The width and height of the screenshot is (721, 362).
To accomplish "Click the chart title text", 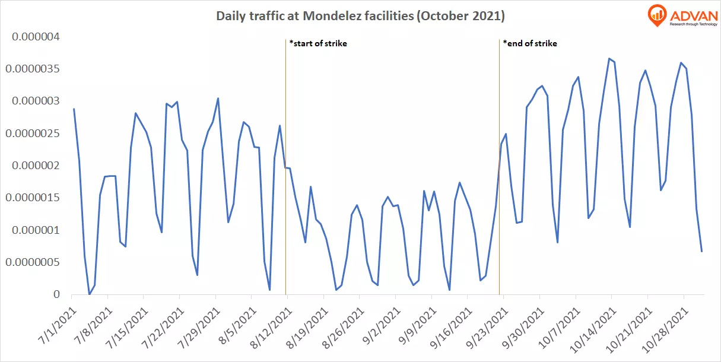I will [x=360, y=17].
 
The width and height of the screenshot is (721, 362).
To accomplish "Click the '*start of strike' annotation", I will [x=317, y=43].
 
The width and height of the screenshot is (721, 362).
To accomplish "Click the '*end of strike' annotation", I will [x=530, y=43].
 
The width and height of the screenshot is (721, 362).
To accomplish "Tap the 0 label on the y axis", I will [x=56, y=294].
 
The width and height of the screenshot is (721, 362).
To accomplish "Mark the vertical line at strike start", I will [x=285, y=178].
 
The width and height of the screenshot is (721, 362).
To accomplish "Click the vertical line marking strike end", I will [x=499, y=178].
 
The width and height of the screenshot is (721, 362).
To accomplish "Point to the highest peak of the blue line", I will [x=609, y=59].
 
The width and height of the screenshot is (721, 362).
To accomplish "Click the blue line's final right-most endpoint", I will [x=701, y=252].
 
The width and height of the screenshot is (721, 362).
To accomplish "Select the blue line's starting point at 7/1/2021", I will [x=74, y=109].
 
